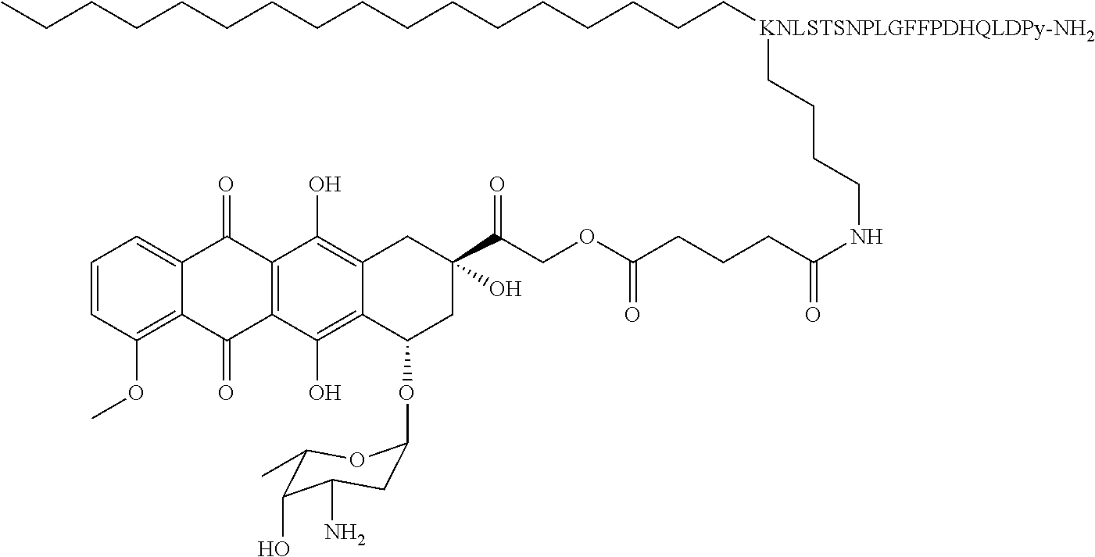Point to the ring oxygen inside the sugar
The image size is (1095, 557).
pyautogui.click(x=356, y=459)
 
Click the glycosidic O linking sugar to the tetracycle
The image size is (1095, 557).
pyautogui.click(x=406, y=391)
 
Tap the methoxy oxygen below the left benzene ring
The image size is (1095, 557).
pyautogui.click(x=135, y=391)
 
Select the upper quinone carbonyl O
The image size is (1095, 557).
pyautogui.click(x=226, y=186)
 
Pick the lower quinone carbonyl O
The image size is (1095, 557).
pyautogui.click(x=226, y=391)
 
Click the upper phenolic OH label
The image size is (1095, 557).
pyautogui.click(x=325, y=186)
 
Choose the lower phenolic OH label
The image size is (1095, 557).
pyautogui.click(x=325, y=391)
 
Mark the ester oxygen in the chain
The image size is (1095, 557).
pyautogui.click(x=588, y=236)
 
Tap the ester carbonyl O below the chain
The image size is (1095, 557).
pyautogui.click(x=632, y=315)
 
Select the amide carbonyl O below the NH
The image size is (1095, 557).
pyautogui.click(x=813, y=315)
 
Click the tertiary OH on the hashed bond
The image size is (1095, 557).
pyautogui.click(x=505, y=290)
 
